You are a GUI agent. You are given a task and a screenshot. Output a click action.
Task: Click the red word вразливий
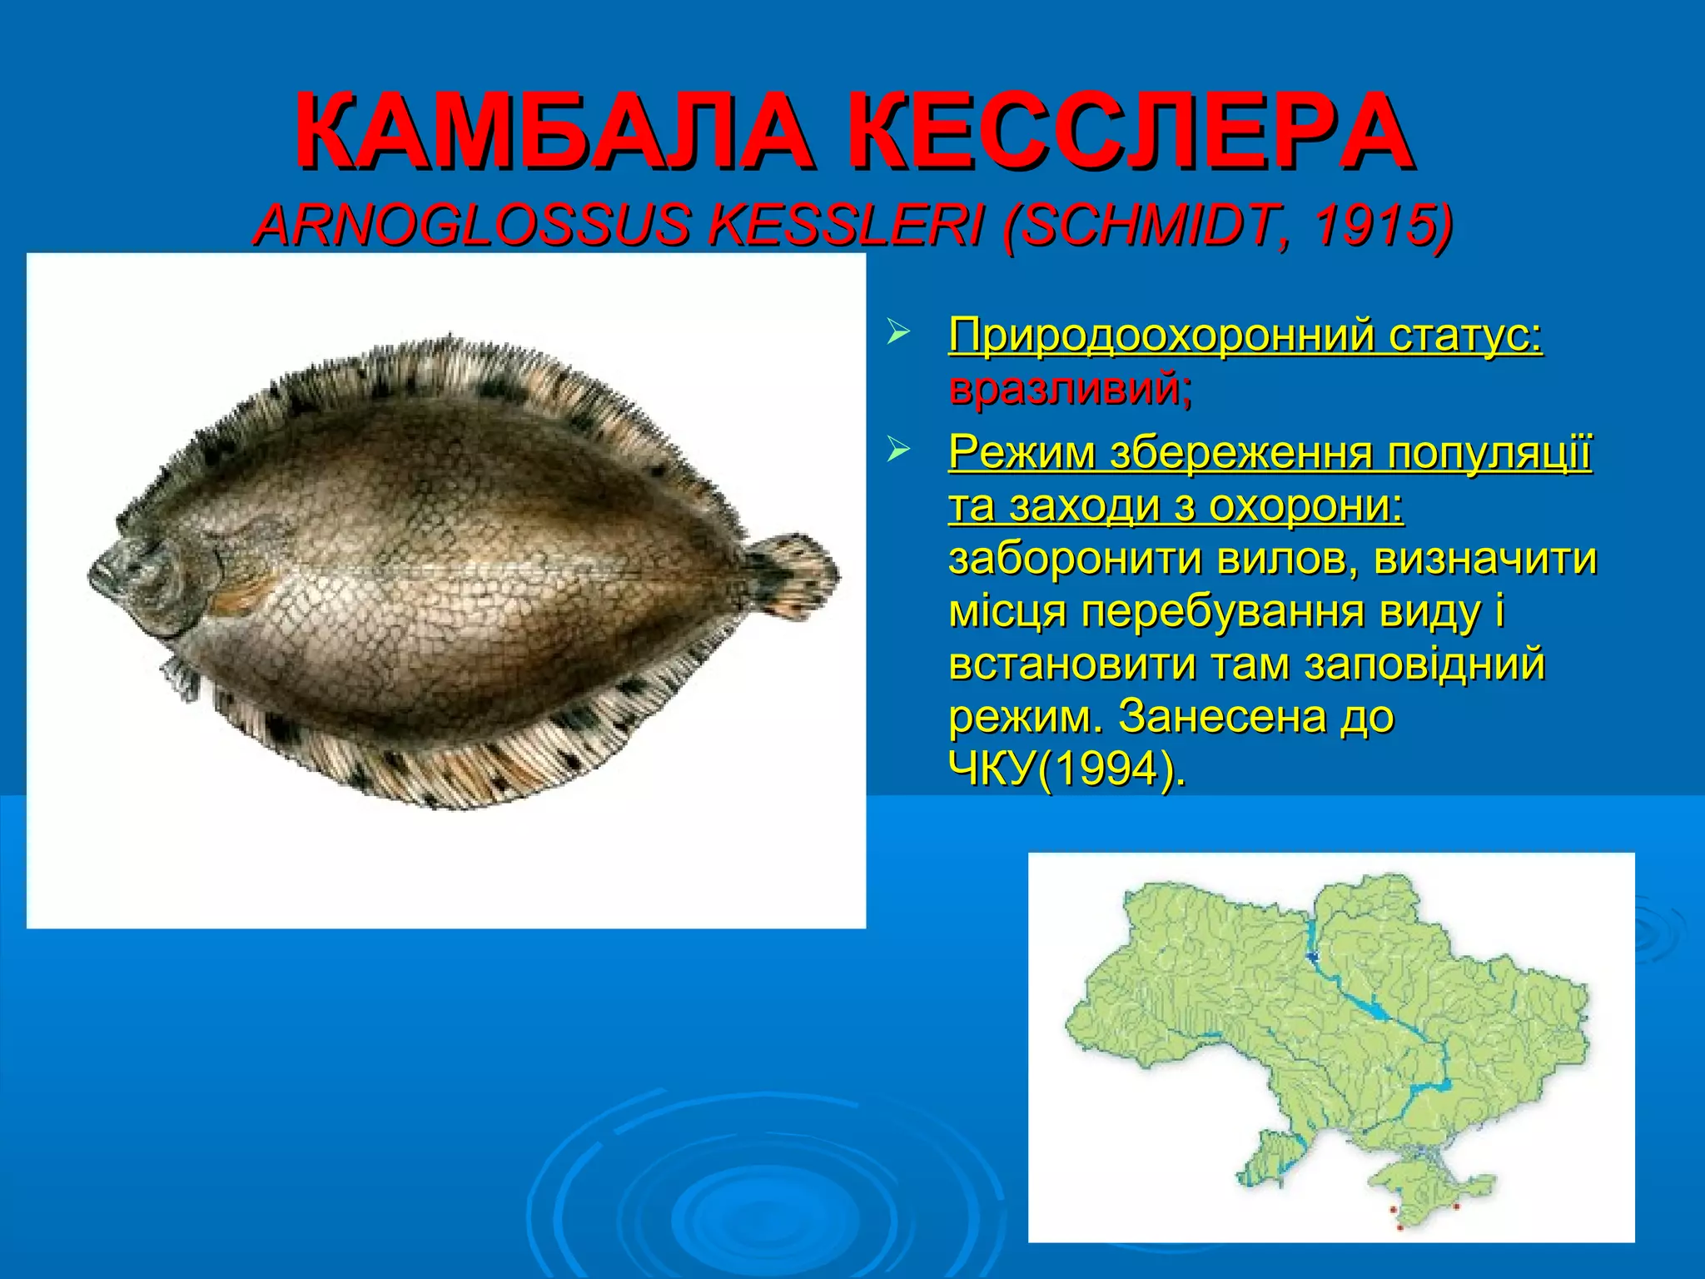pyautogui.click(x=1070, y=389)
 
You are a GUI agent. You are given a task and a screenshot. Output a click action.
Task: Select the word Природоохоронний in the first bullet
pyautogui.click(x=1161, y=336)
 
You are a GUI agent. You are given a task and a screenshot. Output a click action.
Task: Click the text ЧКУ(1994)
pyautogui.click(x=1066, y=769)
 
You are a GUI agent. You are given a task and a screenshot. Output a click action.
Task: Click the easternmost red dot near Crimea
pyautogui.click(x=1455, y=1206)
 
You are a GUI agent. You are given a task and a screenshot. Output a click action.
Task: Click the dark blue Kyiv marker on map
pyautogui.click(x=1314, y=957)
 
